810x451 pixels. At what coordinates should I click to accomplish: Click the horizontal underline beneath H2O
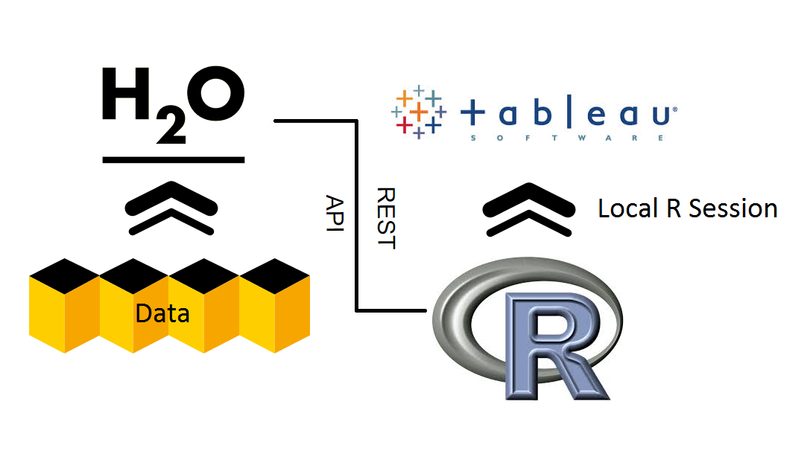click(x=174, y=159)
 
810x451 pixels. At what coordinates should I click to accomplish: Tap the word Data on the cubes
click(x=162, y=313)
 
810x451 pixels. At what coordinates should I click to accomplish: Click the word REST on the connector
click(x=385, y=218)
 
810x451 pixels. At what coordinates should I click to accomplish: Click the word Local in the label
click(x=629, y=208)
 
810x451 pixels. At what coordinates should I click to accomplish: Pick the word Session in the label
click(x=733, y=208)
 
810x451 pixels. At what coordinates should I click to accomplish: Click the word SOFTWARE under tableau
click(x=567, y=138)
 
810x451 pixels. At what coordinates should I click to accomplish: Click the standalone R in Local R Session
click(x=674, y=208)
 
